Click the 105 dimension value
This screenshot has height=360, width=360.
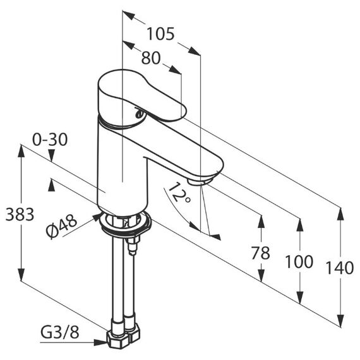(160, 34)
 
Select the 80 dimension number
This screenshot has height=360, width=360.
(151, 58)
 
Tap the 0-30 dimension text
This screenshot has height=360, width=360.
(50, 140)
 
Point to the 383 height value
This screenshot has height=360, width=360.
(20, 215)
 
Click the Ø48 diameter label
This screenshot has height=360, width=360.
(61, 226)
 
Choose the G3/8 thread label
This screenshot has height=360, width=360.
(60, 332)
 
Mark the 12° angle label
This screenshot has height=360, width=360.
(179, 193)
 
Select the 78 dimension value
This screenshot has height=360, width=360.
(261, 253)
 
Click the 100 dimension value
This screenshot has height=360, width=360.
(299, 261)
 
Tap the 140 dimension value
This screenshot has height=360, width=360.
(340, 268)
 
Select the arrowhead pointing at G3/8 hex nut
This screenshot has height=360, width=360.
(101, 343)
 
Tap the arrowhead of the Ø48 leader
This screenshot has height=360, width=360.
(97, 217)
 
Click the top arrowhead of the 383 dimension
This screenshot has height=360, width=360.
(21, 151)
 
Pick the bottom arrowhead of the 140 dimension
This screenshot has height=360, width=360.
(340, 320)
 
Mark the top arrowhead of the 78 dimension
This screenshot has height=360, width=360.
(261, 221)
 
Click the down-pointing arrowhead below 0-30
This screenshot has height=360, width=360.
(51, 155)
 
